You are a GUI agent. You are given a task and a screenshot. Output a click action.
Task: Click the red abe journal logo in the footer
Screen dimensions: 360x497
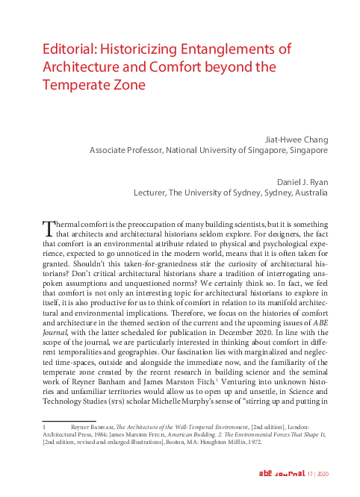[x=281, y=475]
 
